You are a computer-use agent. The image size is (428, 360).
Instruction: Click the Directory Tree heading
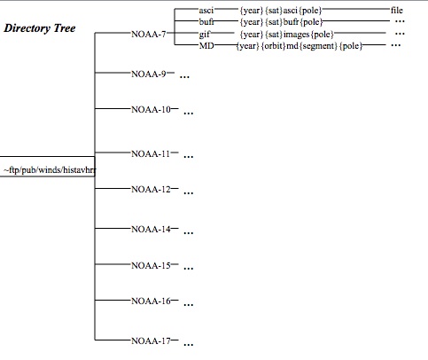click(40, 28)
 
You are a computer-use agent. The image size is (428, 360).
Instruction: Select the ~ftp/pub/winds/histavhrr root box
click(47, 167)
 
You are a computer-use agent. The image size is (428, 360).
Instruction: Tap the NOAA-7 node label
click(149, 35)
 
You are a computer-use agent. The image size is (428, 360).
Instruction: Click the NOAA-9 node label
click(149, 74)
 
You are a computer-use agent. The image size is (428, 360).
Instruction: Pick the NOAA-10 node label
click(151, 110)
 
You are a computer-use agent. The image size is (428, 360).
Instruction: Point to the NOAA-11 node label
click(151, 154)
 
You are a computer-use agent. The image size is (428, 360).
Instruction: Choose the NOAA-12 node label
click(151, 189)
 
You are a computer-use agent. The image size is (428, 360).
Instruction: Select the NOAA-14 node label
click(151, 230)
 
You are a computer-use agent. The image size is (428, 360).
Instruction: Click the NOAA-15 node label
click(151, 266)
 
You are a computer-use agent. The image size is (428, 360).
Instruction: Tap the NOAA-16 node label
click(151, 301)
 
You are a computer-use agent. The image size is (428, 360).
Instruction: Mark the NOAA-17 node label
click(151, 341)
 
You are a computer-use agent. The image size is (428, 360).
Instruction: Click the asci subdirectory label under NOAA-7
click(206, 11)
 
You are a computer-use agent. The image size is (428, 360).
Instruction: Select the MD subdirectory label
click(206, 46)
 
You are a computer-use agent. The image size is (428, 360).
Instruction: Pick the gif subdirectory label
click(205, 35)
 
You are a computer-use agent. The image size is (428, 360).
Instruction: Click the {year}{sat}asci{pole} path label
click(281, 11)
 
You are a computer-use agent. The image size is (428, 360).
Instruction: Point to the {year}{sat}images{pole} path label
click(286, 35)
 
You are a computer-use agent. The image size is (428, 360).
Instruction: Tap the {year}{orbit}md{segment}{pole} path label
click(300, 46)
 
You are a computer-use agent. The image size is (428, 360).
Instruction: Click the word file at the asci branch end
click(397, 11)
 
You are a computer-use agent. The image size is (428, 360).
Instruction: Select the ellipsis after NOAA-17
click(189, 344)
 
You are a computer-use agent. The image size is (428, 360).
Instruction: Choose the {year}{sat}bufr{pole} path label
click(281, 22)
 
